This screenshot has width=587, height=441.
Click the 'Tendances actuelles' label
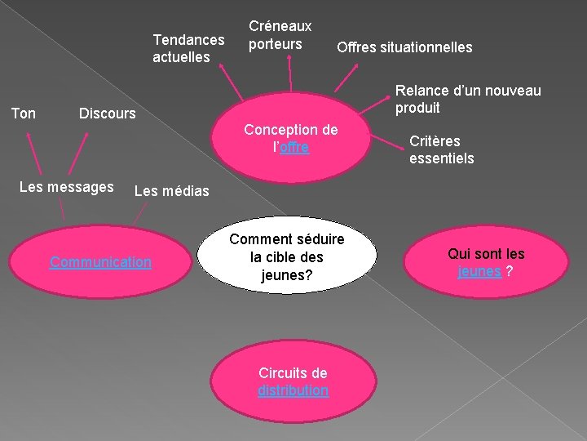[188, 48]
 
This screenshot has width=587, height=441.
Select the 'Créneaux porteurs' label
[280, 35]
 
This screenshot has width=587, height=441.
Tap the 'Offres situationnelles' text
[404, 47]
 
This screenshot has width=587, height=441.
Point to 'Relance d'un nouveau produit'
[468, 99]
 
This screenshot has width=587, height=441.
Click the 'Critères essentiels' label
[441, 149]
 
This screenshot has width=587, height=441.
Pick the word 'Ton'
[24, 113]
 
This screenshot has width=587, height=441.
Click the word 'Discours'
[107, 114]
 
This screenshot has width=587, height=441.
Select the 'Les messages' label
[66, 187]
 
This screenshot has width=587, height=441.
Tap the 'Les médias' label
[160, 192]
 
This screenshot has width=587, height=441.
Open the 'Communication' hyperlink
[100, 262]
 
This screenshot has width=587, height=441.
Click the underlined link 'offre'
[294, 148]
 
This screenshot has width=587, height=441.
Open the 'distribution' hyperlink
[293, 390]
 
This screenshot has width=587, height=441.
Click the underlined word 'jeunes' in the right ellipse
[479, 271]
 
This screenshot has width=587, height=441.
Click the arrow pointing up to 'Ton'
[34, 155]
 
